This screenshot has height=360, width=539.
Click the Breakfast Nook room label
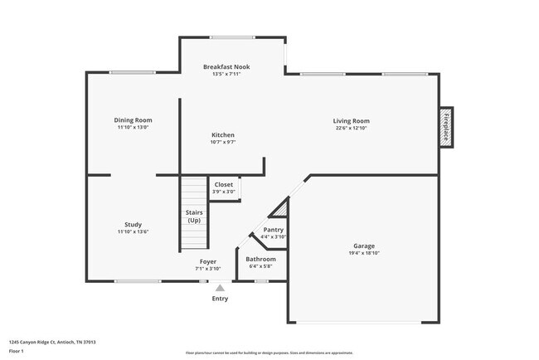click(226, 66)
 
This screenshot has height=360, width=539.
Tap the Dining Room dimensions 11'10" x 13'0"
click(133, 128)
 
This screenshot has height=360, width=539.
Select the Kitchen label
click(223, 134)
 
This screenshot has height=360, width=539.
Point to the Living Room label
click(352, 120)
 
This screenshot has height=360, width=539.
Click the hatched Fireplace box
click(446, 127)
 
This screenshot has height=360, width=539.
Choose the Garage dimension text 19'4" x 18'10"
click(364, 254)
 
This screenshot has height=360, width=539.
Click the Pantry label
click(273, 230)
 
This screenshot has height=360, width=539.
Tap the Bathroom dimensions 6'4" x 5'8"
click(260, 266)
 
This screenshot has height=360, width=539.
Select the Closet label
click(224, 184)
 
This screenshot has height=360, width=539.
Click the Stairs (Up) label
click(194, 216)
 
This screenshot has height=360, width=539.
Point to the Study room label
click(133, 225)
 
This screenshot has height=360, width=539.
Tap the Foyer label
click(207, 261)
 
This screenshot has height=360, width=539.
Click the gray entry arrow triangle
click(220, 287)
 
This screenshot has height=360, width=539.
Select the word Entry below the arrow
click(220, 299)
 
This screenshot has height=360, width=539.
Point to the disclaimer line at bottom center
click(269, 353)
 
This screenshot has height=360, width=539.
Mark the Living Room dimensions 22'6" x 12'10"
click(352, 128)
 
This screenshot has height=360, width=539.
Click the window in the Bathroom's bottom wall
click(260, 281)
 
